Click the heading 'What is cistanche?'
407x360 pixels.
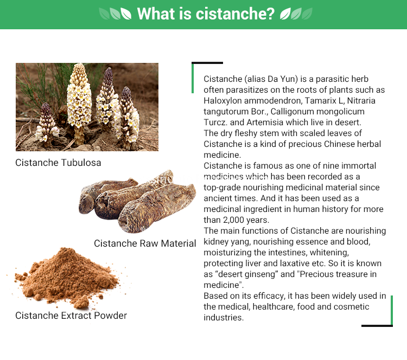tap(206, 14)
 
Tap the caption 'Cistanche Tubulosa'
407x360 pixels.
tap(58, 163)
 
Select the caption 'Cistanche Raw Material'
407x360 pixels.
tap(145, 243)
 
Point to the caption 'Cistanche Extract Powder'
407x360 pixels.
tap(71, 316)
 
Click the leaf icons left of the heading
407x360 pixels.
tap(115, 14)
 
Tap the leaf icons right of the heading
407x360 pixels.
tap(296, 14)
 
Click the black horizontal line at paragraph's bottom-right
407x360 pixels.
tap(377, 326)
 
